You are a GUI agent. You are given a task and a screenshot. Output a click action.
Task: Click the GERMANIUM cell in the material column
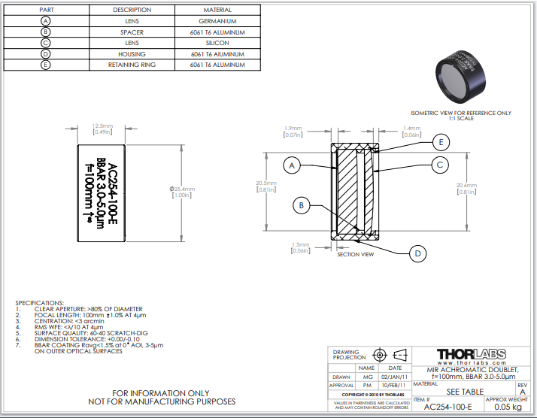[218, 21]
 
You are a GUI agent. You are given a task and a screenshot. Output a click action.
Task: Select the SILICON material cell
[218, 43]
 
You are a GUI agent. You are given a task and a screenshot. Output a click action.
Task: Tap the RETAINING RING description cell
[132, 65]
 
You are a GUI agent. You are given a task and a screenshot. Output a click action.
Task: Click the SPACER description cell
[132, 32]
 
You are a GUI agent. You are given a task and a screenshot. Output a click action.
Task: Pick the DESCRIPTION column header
[132, 10]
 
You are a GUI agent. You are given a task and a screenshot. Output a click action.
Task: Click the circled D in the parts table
[45, 54]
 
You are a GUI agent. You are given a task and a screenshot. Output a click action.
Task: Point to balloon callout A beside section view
[294, 164]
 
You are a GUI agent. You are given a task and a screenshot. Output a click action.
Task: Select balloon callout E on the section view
[442, 141]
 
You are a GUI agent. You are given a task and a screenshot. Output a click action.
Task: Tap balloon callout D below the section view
[418, 253]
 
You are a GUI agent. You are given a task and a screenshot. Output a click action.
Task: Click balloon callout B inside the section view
[302, 204]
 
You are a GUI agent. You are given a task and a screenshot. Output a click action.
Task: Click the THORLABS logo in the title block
[471, 353]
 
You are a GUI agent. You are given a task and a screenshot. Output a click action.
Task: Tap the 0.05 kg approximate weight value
[507, 407]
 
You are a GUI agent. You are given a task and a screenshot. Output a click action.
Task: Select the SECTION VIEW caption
[355, 254]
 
